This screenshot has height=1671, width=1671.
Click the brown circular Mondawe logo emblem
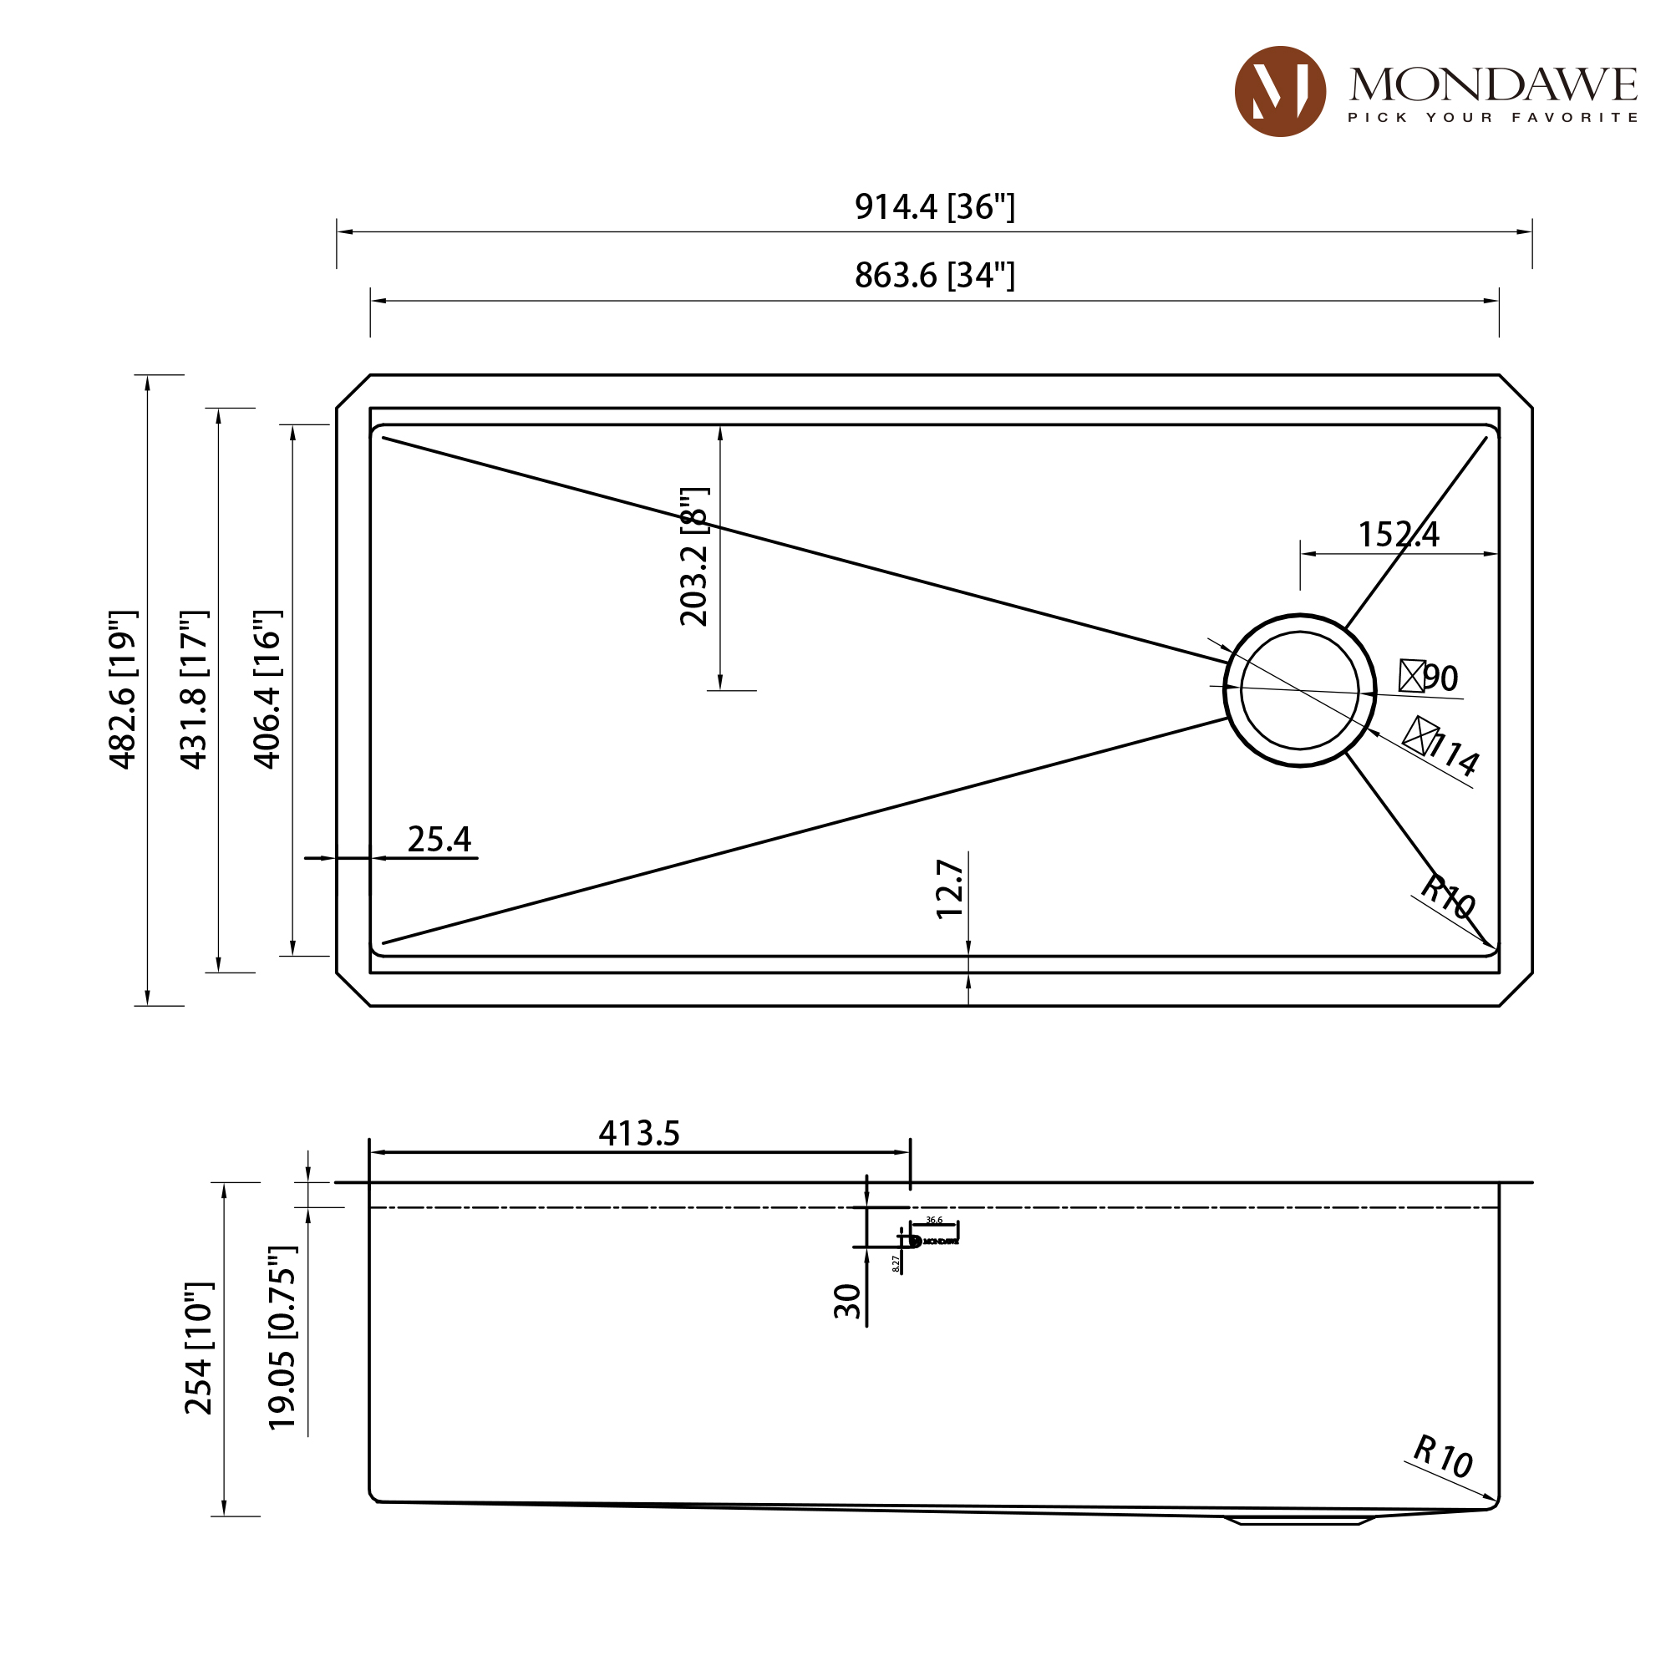(1279, 92)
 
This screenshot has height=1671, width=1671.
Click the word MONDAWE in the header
(1493, 84)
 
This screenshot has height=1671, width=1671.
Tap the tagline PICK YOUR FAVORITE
(1493, 118)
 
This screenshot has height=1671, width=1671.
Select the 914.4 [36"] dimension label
(934, 206)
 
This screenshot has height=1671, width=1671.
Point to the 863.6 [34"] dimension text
(934, 276)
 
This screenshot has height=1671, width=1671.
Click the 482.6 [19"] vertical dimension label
(123, 689)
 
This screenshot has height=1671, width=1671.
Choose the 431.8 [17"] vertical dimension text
(195, 689)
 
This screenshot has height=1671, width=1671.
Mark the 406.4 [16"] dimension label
(267, 689)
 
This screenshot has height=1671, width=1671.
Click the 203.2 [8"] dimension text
(694, 556)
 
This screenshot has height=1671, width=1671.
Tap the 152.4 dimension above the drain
(1398, 535)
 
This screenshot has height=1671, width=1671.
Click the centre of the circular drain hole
(1299, 690)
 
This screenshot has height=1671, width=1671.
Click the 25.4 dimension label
(439, 839)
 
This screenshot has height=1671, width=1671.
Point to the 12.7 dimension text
(951, 889)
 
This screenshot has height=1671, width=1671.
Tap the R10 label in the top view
(1448, 896)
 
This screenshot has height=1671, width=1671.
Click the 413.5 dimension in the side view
(639, 1133)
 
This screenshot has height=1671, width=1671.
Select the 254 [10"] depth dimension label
(199, 1349)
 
